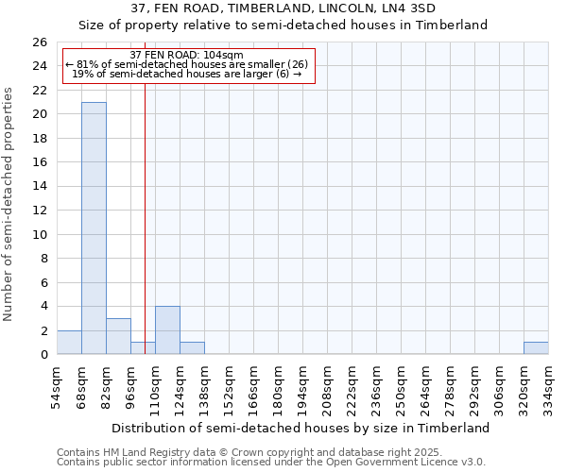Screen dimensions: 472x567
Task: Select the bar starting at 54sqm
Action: pos(69,343)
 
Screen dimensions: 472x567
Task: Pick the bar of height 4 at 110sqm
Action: pos(167,330)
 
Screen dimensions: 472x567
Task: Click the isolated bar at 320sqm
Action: pos(536,348)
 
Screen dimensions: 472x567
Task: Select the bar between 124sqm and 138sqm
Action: pos(192,348)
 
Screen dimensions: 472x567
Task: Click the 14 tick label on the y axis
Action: pos(40,187)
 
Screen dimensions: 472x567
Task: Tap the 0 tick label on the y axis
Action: pos(43,355)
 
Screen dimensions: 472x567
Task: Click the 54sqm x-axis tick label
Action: pos(58,387)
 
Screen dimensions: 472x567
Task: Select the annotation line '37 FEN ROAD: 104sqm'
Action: pos(186,55)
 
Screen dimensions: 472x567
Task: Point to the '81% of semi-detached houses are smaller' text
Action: pos(186,64)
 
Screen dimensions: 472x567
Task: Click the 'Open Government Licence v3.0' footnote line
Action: pos(271,463)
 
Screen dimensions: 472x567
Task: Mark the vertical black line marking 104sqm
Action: pos(145,217)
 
